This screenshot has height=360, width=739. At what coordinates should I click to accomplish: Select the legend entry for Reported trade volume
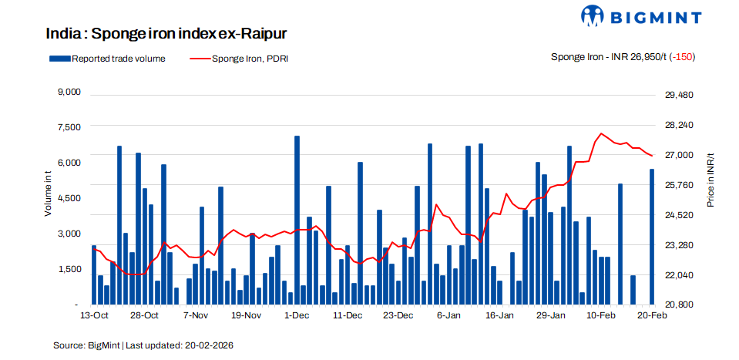pos(107,58)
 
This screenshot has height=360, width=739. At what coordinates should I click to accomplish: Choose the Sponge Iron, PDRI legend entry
pos(239,58)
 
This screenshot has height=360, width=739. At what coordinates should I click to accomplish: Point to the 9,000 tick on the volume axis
pos(70,93)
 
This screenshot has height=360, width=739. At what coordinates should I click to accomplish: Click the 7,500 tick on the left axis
pos(70,127)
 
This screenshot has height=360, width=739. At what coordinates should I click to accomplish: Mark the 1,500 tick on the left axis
pos(70,269)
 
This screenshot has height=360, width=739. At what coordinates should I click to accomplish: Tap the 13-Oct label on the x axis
pos(94,316)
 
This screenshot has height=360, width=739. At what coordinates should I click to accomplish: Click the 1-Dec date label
pos(297,316)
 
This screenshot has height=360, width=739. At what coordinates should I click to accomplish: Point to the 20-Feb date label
pos(652,316)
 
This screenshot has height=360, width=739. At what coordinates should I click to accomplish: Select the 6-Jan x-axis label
pos(448,316)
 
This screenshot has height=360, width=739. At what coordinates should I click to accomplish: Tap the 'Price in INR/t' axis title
pos(710,180)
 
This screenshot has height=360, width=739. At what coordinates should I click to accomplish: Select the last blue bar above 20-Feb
pos(652,237)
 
